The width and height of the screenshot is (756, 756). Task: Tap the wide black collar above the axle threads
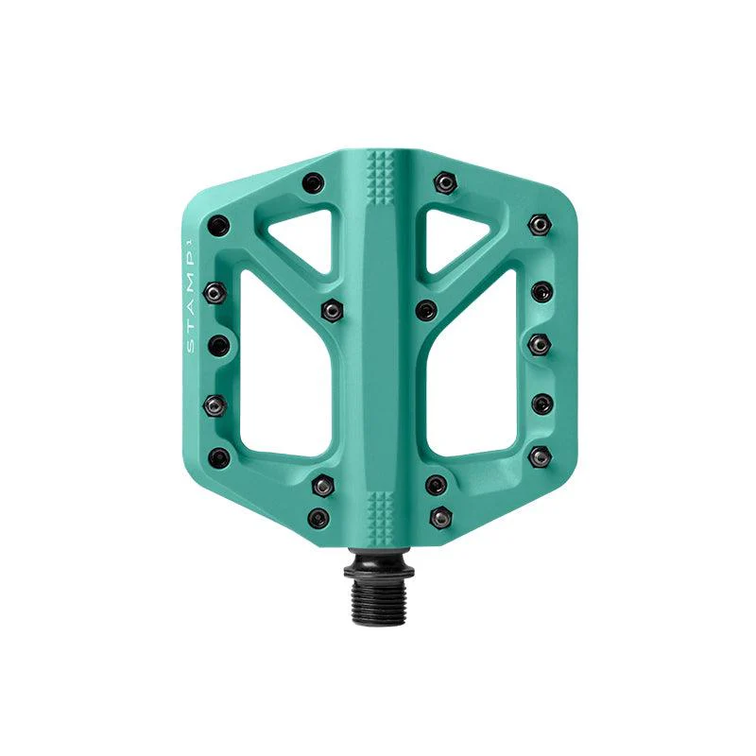(x=379, y=572)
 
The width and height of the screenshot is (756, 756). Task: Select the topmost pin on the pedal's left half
(x=314, y=182)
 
